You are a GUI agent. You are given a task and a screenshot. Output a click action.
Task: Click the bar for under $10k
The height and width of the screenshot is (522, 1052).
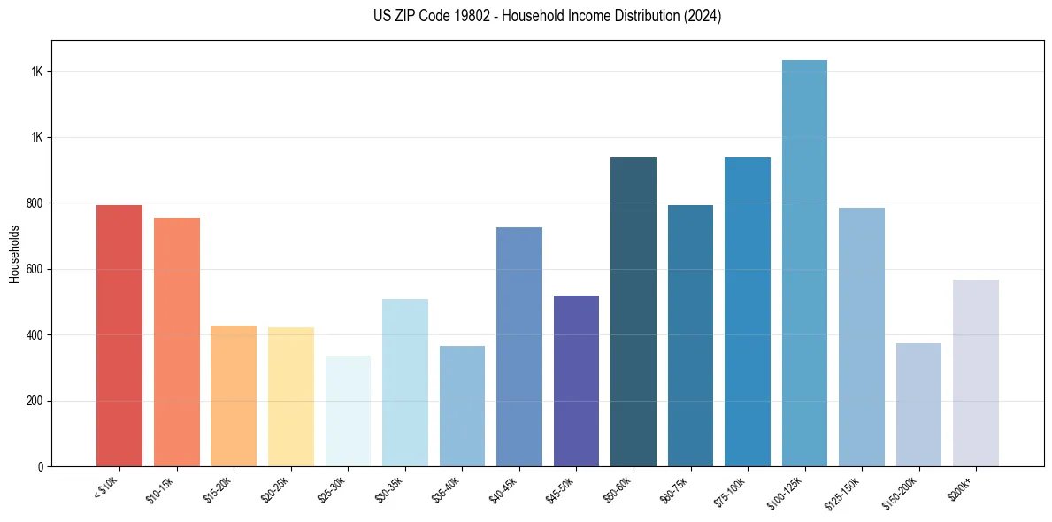119,336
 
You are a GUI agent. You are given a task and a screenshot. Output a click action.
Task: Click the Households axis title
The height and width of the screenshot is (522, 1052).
14,254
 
